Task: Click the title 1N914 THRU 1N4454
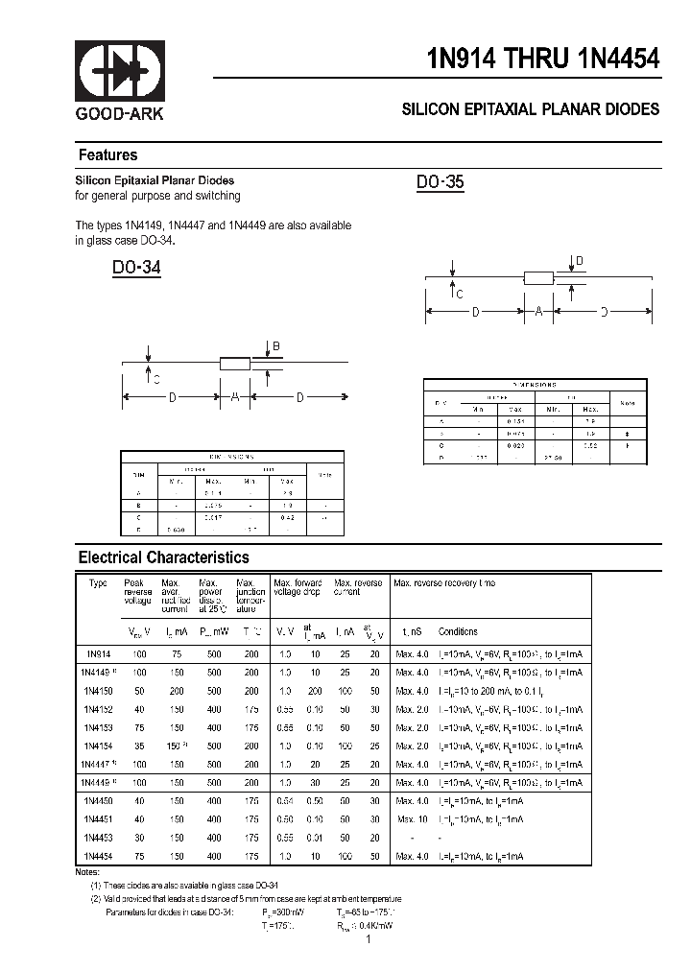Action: (543, 58)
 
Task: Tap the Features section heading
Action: (107, 155)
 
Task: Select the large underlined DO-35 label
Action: (441, 182)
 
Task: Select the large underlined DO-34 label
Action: (136, 269)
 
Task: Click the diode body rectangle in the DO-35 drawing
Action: (538, 278)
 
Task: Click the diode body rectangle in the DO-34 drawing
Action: (235, 364)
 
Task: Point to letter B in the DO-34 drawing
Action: (276, 346)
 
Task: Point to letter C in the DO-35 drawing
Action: (460, 295)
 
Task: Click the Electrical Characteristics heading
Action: (163, 557)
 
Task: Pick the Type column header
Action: (98, 583)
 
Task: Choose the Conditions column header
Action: (458, 632)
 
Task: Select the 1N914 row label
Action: (98, 654)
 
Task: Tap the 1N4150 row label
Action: (98, 691)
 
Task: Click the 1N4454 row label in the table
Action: (98, 855)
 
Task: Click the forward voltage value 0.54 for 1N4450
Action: (284, 800)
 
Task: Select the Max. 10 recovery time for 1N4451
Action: (412, 818)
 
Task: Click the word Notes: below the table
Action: (87, 871)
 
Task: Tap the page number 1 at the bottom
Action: (368, 940)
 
